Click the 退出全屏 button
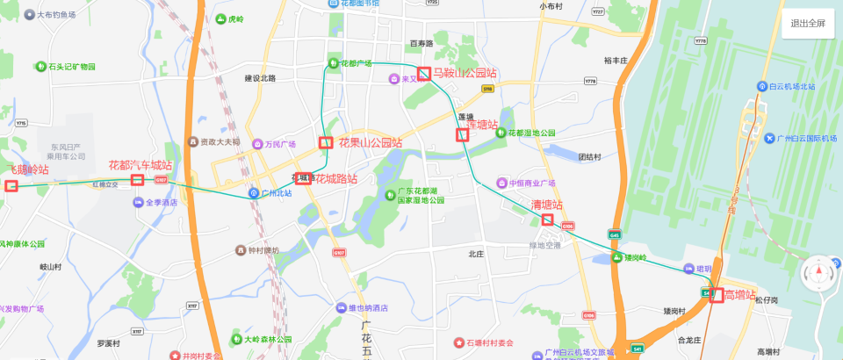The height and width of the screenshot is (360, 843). (807, 24)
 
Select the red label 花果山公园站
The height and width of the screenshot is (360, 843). (370, 142)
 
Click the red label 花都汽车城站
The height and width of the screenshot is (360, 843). (140, 165)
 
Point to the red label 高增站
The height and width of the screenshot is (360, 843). (739, 294)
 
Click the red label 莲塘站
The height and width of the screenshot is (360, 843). (481, 125)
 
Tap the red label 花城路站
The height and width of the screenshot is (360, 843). (335, 179)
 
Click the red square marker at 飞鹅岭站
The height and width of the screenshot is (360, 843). (11, 185)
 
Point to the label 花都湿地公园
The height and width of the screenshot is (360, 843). (532, 133)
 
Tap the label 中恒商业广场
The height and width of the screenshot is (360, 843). (532, 184)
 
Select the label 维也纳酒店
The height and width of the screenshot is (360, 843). (368, 308)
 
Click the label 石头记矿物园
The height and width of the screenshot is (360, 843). (71, 67)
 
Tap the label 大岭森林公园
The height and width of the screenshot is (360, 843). (266, 339)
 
